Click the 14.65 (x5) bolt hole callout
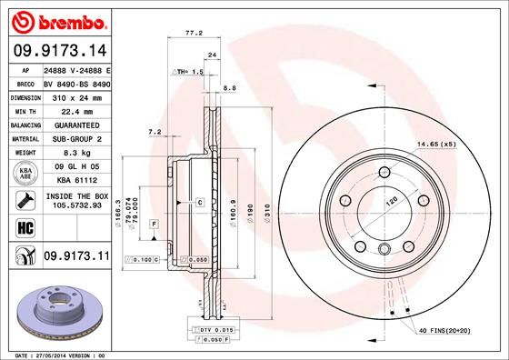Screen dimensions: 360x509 (x=435, y=145)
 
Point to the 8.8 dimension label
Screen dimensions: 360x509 (x=229, y=88)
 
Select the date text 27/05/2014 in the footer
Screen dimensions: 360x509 (x=56, y=355)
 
